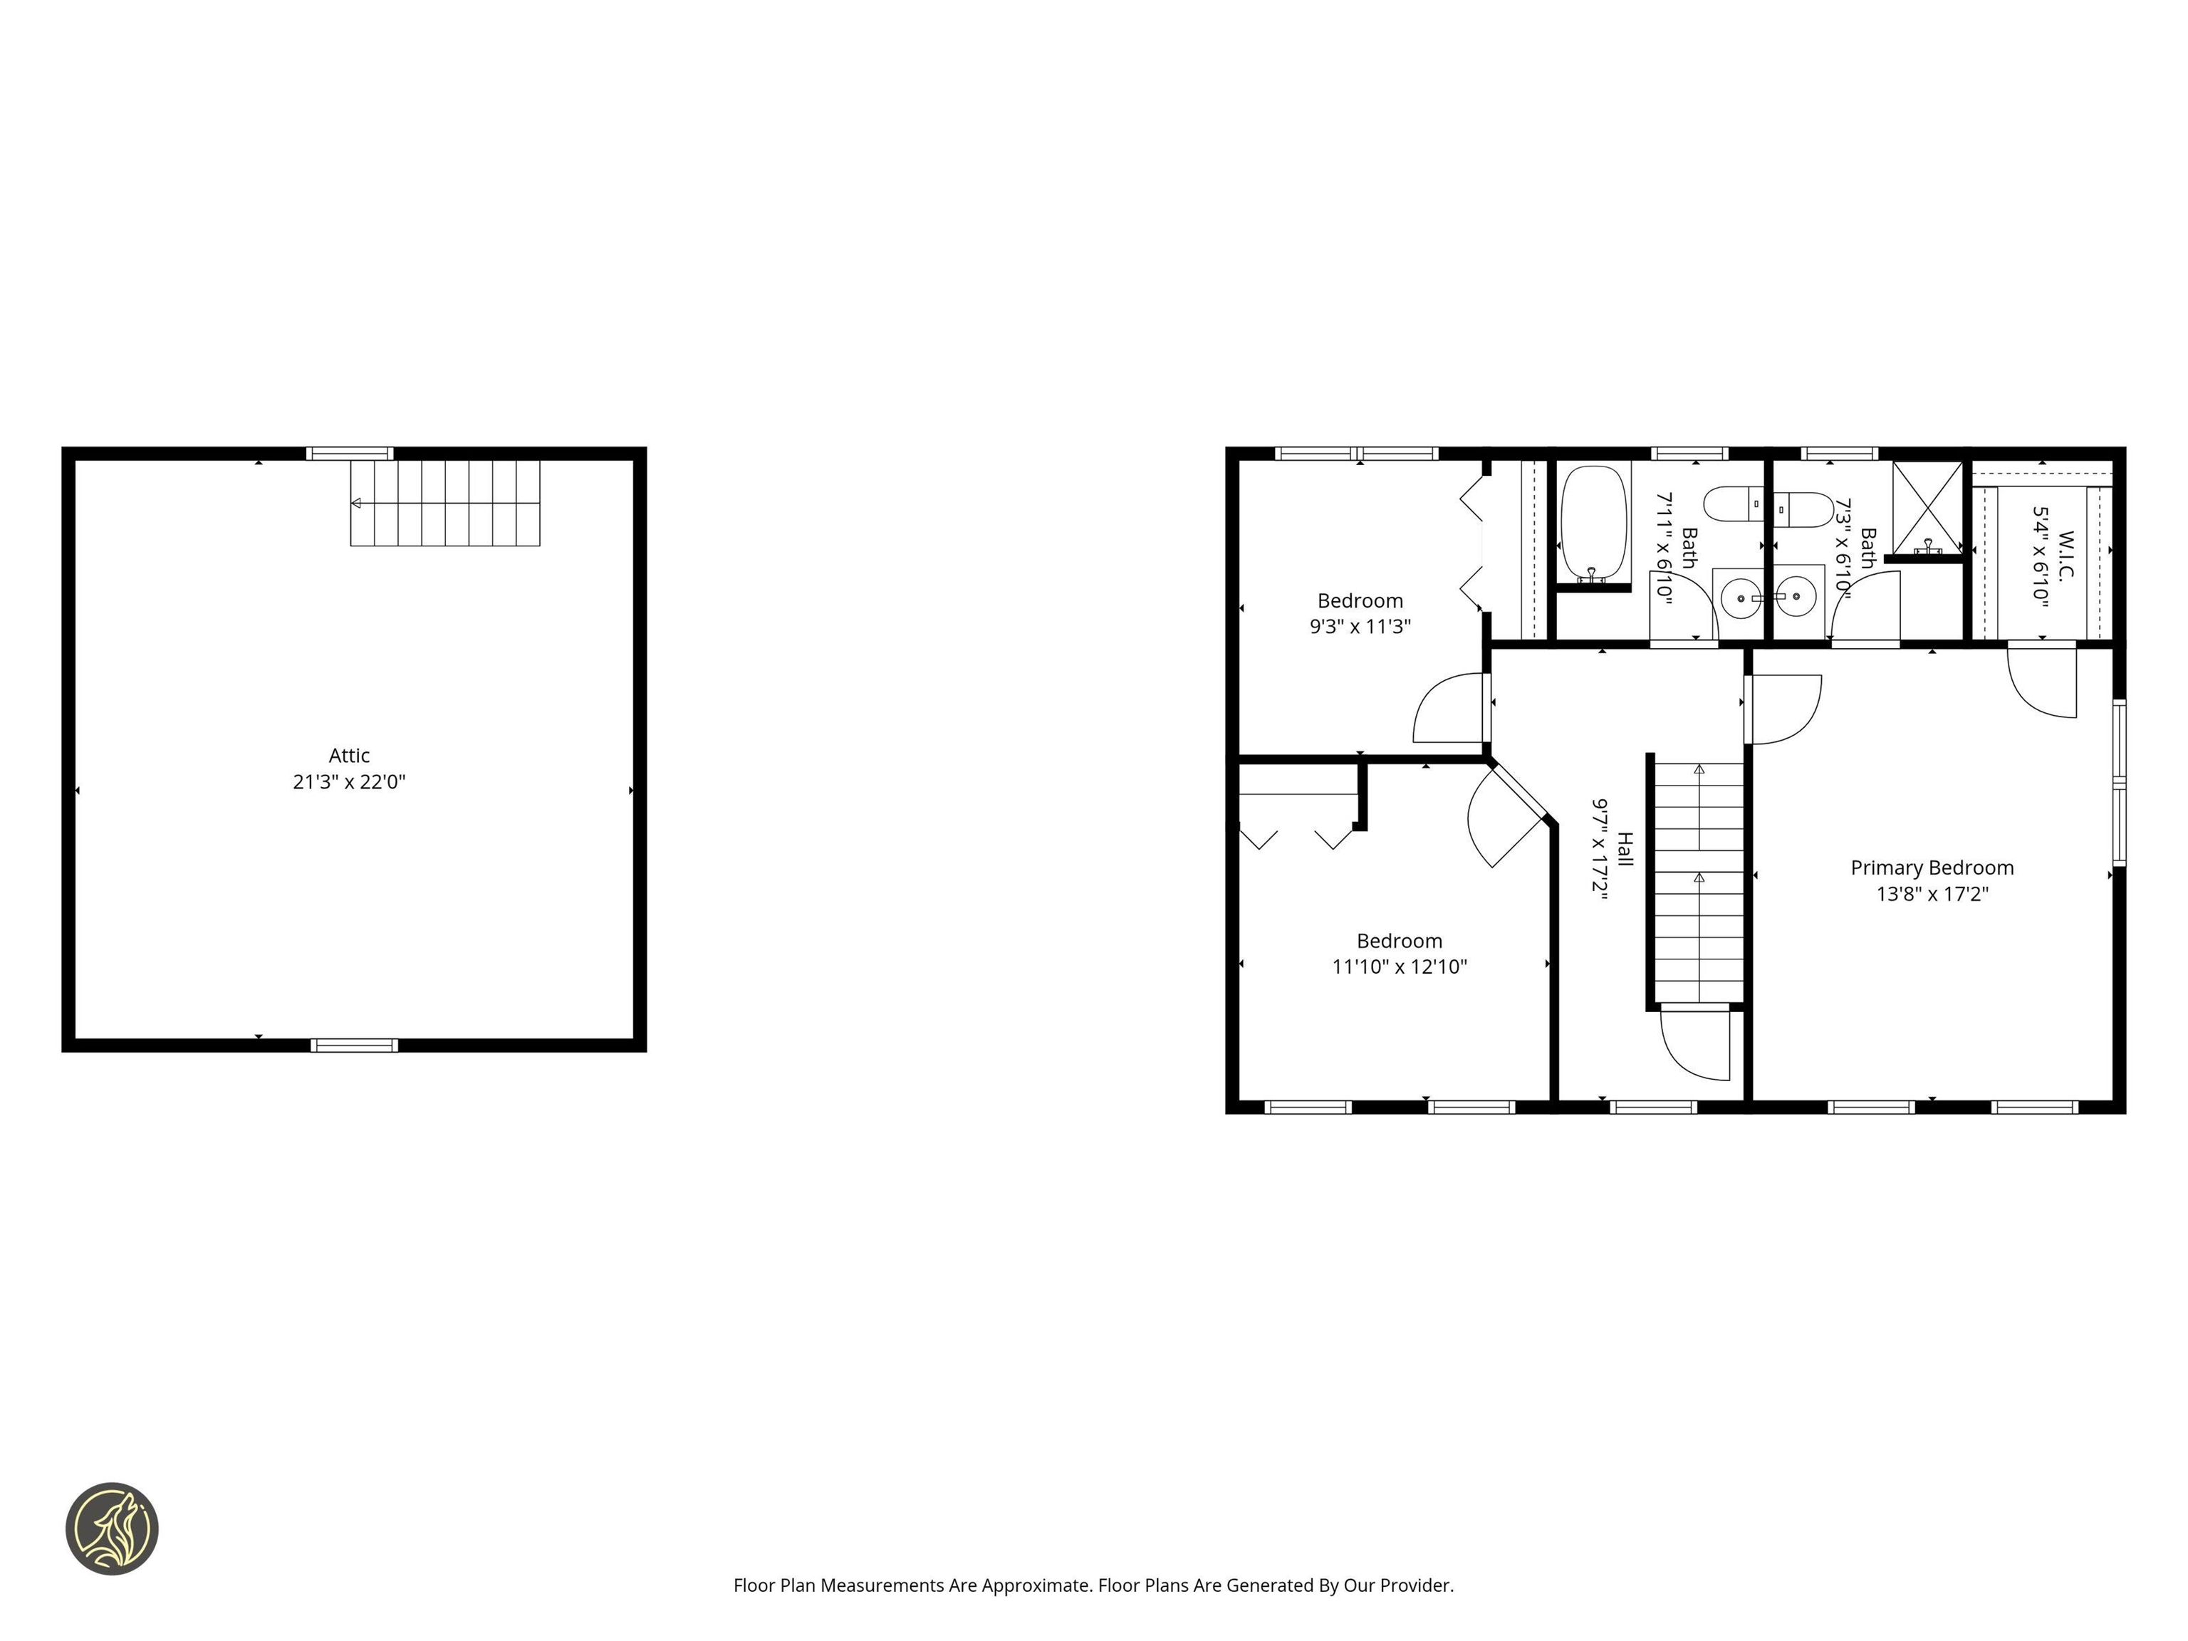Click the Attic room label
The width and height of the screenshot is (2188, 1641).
(349, 756)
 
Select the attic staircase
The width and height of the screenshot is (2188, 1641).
(445, 504)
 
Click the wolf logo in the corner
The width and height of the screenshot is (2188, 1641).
(112, 1528)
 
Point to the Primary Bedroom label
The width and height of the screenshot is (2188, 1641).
(1932, 868)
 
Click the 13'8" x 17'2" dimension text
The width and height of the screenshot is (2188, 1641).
(1932, 894)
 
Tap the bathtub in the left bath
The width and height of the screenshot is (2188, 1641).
(1593, 521)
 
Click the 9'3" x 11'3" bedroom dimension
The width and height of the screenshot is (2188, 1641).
(1360, 626)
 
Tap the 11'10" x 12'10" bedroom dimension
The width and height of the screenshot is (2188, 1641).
(1399, 967)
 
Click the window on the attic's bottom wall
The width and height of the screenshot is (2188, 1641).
(354, 1046)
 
